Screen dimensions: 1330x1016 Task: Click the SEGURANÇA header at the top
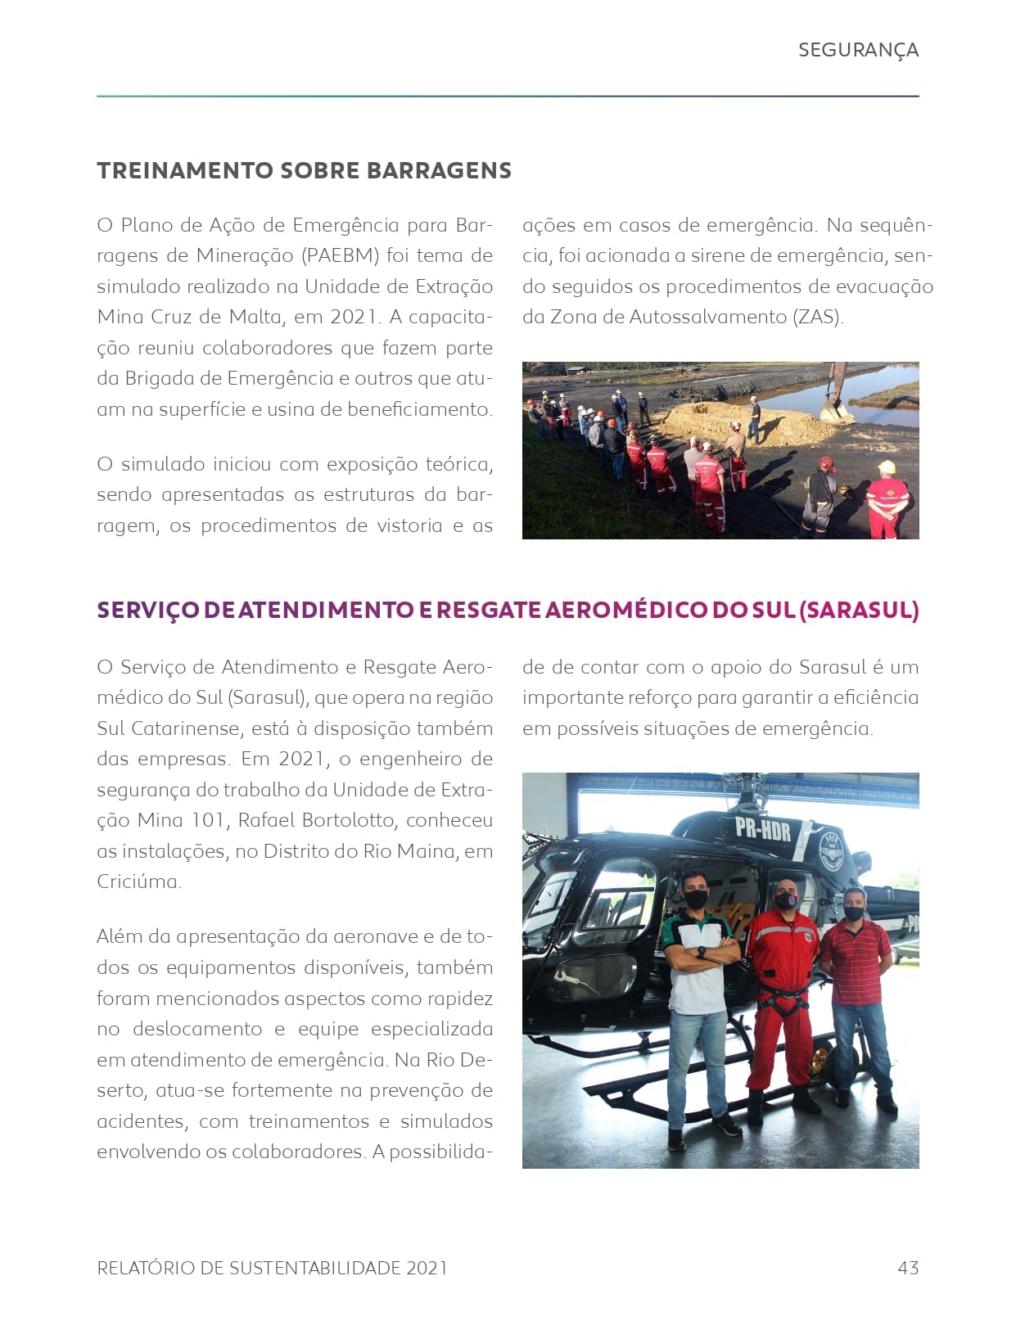click(x=858, y=50)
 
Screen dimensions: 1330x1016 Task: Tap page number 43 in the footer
click(x=908, y=1268)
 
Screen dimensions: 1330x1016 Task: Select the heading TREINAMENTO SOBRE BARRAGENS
click(x=304, y=170)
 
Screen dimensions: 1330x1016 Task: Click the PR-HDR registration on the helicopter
click(x=762, y=830)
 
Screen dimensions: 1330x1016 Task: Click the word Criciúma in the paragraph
click(x=138, y=881)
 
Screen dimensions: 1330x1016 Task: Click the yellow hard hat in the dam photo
click(x=886, y=467)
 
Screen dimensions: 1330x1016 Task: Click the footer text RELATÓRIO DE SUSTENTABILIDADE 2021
click(x=272, y=1268)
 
